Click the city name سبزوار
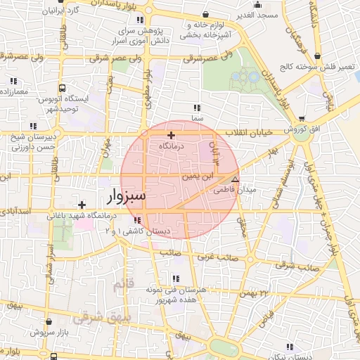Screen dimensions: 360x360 [127, 195]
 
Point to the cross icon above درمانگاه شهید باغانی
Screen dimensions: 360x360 [82, 205]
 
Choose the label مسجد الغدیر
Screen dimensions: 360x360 [259, 15]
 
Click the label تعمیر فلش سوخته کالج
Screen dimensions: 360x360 [323, 67]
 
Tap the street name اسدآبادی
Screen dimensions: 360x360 [15, 210]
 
